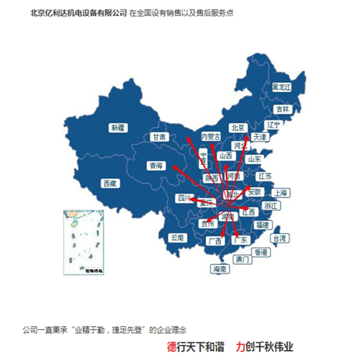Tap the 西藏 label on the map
click(x=109, y=184)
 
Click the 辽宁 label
click(x=273, y=124)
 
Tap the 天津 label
click(x=259, y=136)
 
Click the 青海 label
click(x=156, y=165)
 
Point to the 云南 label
click(x=176, y=237)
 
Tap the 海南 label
click(x=220, y=269)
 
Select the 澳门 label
click(x=242, y=258)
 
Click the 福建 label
click(x=261, y=225)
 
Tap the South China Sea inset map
click(x=83, y=241)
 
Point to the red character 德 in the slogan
click(x=171, y=347)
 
